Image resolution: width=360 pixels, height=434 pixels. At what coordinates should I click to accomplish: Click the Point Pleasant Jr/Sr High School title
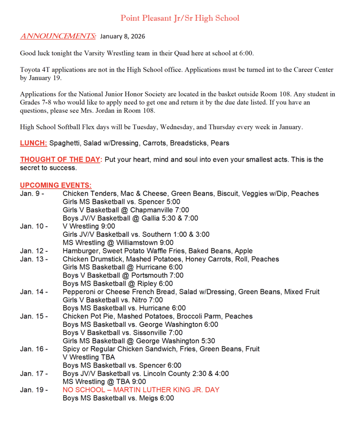pyautogui.click(x=180, y=18)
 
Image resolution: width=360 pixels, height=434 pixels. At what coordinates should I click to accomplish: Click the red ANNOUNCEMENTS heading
pyautogui.click(x=58, y=36)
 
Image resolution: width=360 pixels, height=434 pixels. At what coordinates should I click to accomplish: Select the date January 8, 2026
pyautogui.click(x=122, y=36)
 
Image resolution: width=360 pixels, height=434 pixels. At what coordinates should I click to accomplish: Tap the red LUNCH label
pyautogui.click(x=33, y=143)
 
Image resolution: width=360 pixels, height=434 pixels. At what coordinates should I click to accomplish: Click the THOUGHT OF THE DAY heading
pyautogui.click(x=61, y=159)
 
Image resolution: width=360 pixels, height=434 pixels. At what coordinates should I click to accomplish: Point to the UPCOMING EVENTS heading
pyautogui.click(x=55, y=185)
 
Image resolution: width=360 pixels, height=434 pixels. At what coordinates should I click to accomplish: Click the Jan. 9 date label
pyautogui.click(x=32, y=194)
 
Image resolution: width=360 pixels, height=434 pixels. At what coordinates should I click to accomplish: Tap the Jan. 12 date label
pyautogui.click(x=33, y=251)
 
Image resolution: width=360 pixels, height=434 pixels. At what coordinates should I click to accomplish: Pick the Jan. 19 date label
pyautogui.click(x=33, y=390)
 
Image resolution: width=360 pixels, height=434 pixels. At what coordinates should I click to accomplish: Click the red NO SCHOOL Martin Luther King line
pyautogui.click(x=141, y=390)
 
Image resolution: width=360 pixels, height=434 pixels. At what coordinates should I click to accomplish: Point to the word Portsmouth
pyautogui.click(x=141, y=275)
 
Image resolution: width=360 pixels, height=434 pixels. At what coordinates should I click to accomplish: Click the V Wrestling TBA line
pyautogui.click(x=89, y=357)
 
